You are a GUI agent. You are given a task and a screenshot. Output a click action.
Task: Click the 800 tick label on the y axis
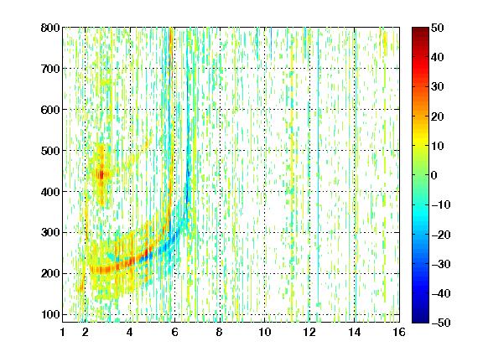[50, 28]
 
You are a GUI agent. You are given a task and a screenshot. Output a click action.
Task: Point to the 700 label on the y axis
[50, 69]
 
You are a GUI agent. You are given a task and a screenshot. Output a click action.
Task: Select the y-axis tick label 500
[50, 151]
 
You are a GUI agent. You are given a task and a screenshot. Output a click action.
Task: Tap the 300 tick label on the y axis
[50, 233]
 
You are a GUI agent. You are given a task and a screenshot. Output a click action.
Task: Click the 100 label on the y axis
[50, 314]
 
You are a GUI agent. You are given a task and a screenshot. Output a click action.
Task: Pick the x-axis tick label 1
[63, 332]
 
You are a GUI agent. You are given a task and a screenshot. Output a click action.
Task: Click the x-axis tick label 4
[130, 332]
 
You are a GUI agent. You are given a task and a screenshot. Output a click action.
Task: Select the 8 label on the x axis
[220, 332]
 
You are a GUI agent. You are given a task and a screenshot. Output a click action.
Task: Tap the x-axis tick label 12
[309, 332]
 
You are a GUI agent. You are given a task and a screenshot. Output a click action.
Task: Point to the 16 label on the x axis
[399, 332]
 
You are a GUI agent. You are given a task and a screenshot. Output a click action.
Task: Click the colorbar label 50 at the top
[437, 28]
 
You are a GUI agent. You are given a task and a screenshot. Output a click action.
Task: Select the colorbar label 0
[434, 175]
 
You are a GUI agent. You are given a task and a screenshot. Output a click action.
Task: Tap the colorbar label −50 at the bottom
[441, 323]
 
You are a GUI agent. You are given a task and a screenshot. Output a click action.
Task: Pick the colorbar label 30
[437, 87]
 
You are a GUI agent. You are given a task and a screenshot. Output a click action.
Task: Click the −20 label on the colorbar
[441, 235]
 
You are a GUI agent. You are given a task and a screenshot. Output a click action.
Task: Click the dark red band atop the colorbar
[420, 31]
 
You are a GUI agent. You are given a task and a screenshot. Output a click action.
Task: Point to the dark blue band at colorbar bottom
[420, 319]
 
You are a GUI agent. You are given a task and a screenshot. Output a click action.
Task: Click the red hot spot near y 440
[101, 175]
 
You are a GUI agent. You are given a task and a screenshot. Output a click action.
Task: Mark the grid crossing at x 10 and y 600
[265, 110]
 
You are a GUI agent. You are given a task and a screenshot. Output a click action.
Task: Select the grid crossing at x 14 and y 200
[355, 274]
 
